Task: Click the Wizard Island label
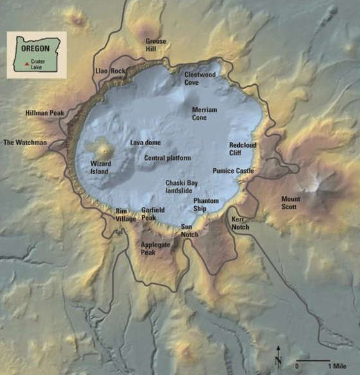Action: click(x=100, y=168)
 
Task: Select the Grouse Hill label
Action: click(x=156, y=45)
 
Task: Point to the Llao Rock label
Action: click(x=110, y=71)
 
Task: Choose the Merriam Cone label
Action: click(x=204, y=114)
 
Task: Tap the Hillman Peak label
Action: click(x=43, y=112)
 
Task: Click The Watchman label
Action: click(x=25, y=143)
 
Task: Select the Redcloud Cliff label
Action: click(x=242, y=149)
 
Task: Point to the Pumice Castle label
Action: click(x=233, y=171)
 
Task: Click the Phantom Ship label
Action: click(x=206, y=204)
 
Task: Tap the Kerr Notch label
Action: click(x=240, y=223)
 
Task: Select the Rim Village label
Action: click(x=125, y=215)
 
